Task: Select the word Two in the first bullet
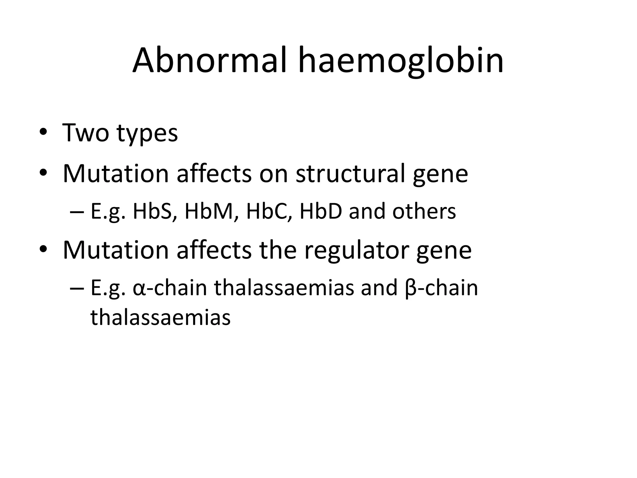click(x=86, y=133)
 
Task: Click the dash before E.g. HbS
click(x=77, y=212)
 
